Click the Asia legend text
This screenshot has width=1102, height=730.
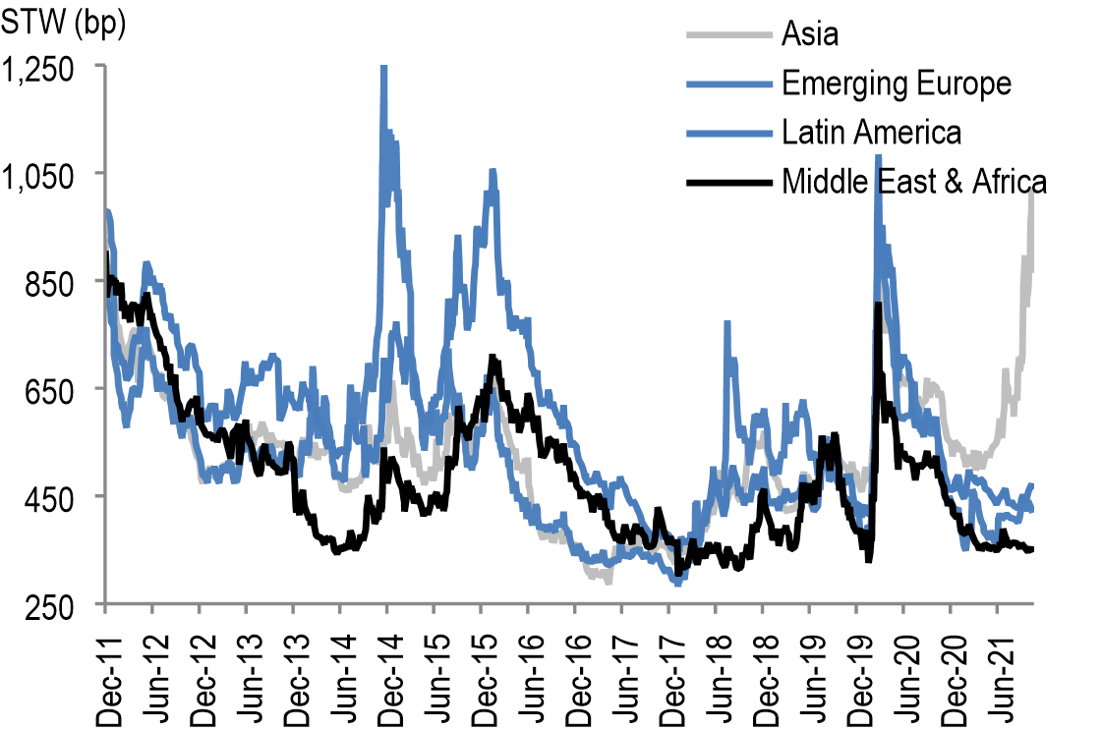(x=810, y=35)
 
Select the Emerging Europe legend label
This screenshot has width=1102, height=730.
(x=896, y=84)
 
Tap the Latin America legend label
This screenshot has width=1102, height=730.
(x=871, y=132)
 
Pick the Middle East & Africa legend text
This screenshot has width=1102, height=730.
(x=913, y=181)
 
